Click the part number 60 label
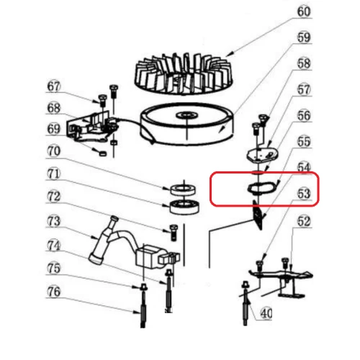pyautogui.click(x=304, y=12)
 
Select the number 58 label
pyautogui.click(x=304, y=63)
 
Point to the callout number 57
pyautogui.click(x=304, y=90)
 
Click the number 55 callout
pyautogui.click(x=304, y=141)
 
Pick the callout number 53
pyautogui.click(x=304, y=193)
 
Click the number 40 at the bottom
pyautogui.click(x=266, y=313)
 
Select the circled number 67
pyautogui.click(x=55, y=87)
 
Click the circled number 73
pyautogui.click(x=55, y=220)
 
